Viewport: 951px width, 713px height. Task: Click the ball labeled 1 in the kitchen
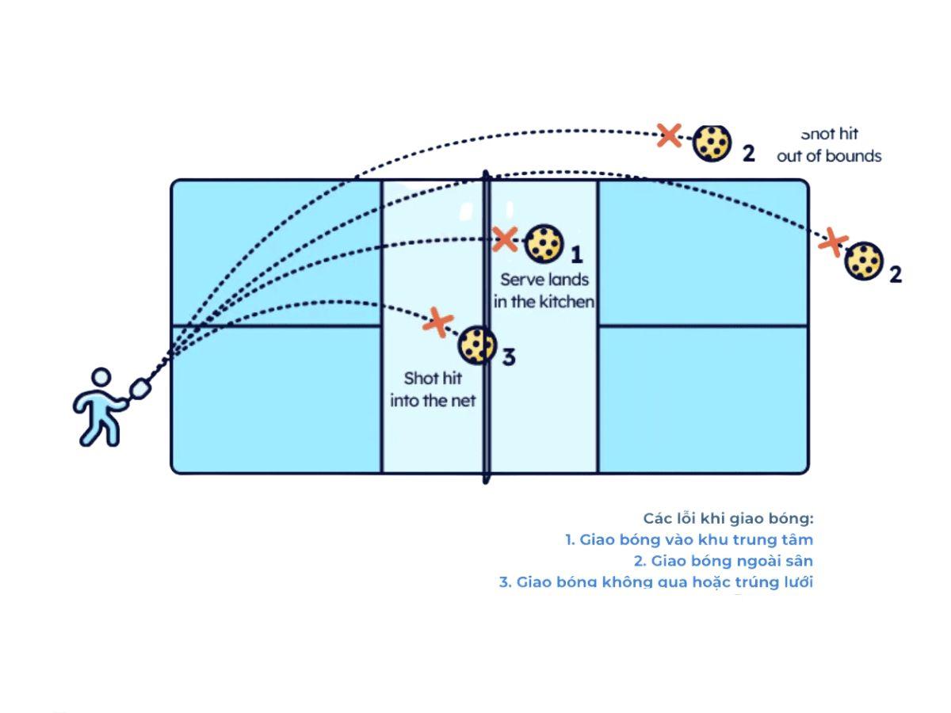click(x=544, y=243)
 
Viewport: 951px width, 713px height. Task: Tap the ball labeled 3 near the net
click(x=477, y=345)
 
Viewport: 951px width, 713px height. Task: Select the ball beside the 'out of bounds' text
click(x=712, y=143)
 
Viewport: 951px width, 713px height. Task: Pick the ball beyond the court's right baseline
click(x=863, y=261)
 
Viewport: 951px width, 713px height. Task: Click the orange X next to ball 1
click(x=505, y=239)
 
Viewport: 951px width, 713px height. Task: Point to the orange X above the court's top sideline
click(x=670, y=135)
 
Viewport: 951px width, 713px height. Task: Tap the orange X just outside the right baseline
click(x=832, y=242)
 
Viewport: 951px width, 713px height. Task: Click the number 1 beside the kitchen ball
click(x=577, y=255)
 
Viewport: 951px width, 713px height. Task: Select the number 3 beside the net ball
click(x=509, y=357)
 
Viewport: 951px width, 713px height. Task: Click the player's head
click(x=101, y=378)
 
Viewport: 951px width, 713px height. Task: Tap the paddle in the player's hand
click(x=139, y=389)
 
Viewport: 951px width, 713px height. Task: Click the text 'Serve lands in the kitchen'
click(x=544, y=291)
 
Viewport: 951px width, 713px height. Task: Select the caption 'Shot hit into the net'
click(x=433, y=390)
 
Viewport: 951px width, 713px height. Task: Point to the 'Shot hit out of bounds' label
click(x=829, y=146)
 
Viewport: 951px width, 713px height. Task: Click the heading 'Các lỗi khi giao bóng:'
click(x=728, y=518)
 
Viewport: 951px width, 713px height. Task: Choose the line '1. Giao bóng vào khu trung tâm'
click(x=689, y=540)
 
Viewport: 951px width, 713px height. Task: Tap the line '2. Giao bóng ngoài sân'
click(x=723, y=561)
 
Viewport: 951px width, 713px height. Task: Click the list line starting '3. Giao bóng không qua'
click(x=655, y=582)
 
